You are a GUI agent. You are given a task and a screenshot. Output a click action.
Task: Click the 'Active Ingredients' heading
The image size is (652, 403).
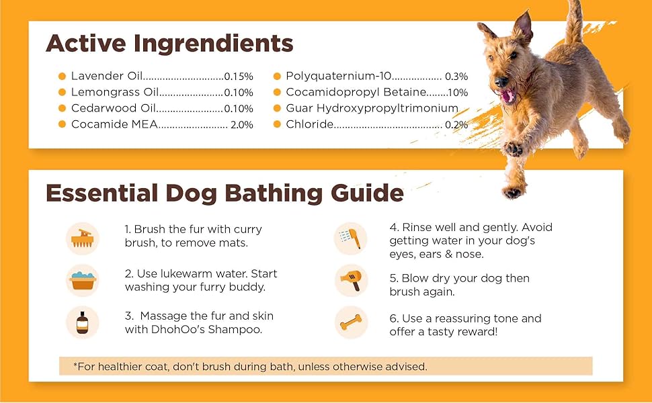(169, 44)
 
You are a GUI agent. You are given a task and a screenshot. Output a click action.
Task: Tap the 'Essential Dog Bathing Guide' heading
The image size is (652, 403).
(225, 193)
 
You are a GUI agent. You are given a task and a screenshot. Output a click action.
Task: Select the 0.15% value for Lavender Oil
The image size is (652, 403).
(239, 77)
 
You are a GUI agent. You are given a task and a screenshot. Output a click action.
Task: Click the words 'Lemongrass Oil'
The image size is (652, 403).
(115, 93)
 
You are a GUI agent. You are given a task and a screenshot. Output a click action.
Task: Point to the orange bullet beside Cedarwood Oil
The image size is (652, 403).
(63, 108)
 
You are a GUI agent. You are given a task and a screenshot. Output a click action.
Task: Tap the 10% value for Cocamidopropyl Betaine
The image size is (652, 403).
(458, 93)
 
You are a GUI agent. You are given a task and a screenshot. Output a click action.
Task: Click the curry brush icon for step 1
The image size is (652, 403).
(82, 237)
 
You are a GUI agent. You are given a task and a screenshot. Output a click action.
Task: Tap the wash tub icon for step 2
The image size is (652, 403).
(82, 281)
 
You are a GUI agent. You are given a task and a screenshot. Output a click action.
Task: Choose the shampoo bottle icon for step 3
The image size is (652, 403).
(82, 322)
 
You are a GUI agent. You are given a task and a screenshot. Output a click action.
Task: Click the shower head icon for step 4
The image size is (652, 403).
(351, 238)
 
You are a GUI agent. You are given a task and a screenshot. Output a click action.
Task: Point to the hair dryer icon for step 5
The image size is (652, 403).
(351, 281)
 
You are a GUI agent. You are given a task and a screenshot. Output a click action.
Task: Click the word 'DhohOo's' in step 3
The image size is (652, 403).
(177, 329)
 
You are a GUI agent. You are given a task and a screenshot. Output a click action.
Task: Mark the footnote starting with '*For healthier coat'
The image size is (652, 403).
(250, 367)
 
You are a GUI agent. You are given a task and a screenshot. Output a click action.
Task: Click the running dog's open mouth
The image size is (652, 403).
(507, 96)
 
